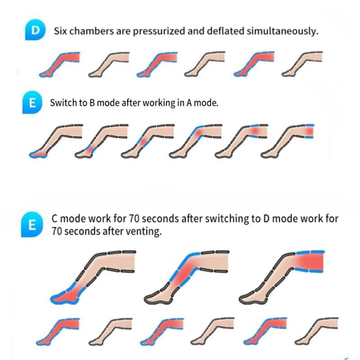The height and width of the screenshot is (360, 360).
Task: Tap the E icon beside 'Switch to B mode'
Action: (32, 102)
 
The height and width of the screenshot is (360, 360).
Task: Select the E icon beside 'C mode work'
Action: (32, 224)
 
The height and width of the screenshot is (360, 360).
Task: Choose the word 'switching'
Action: (225, 219)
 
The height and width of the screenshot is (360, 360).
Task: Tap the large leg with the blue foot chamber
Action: (90, 274)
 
